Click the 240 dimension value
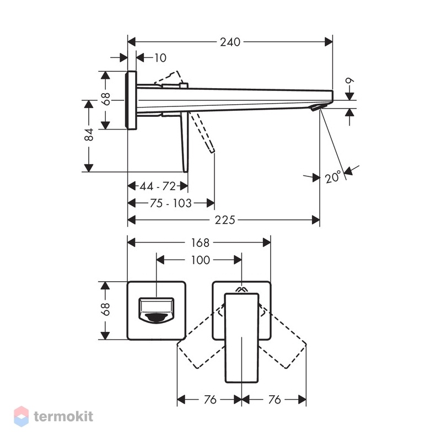pyautogui.click(x=230, y=42)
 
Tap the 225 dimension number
pyautogui.click(x=225, y=220)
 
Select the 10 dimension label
pyautogui.click(x=160, y=58)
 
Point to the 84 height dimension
pyautogui.click(x=89, y=135)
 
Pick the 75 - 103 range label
pyautogui.click(x=170, y=203)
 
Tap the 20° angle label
pyautogui.click(x=334, y=177)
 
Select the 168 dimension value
pyautogui.click(x=200, y=243)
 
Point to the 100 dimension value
pyautogui.click(x=201, y=260)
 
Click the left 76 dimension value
pyautogui.click(x=210, y=399)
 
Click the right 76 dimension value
pyautogui.click(x=275, y=399)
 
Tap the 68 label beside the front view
pyautogui.click(x=105, y=310)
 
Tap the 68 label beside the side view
pyautogui.click(x=106, y=99)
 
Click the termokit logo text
pyautogui.click(x=63, y=416)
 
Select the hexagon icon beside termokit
pyautogui.click(x=21, y=416)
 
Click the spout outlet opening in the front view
pyautogui.click(x=157, y=310)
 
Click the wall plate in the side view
pyautogui.click(x=131, y=100)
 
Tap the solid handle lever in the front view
pyautogui.click(x=241, y=338)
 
